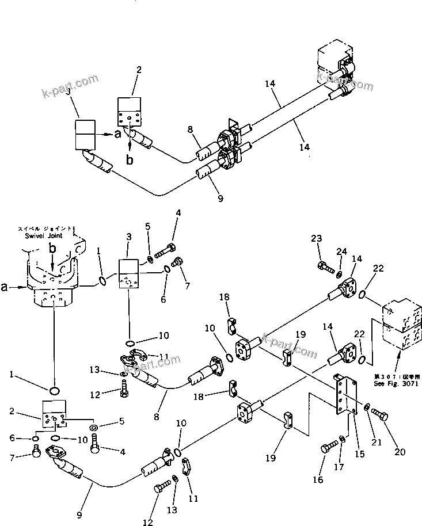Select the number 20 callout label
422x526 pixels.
click(399, 452)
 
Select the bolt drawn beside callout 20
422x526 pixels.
click(381, 412)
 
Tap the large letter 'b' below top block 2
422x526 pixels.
click(130, 160)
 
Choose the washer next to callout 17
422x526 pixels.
click(343, 439)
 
